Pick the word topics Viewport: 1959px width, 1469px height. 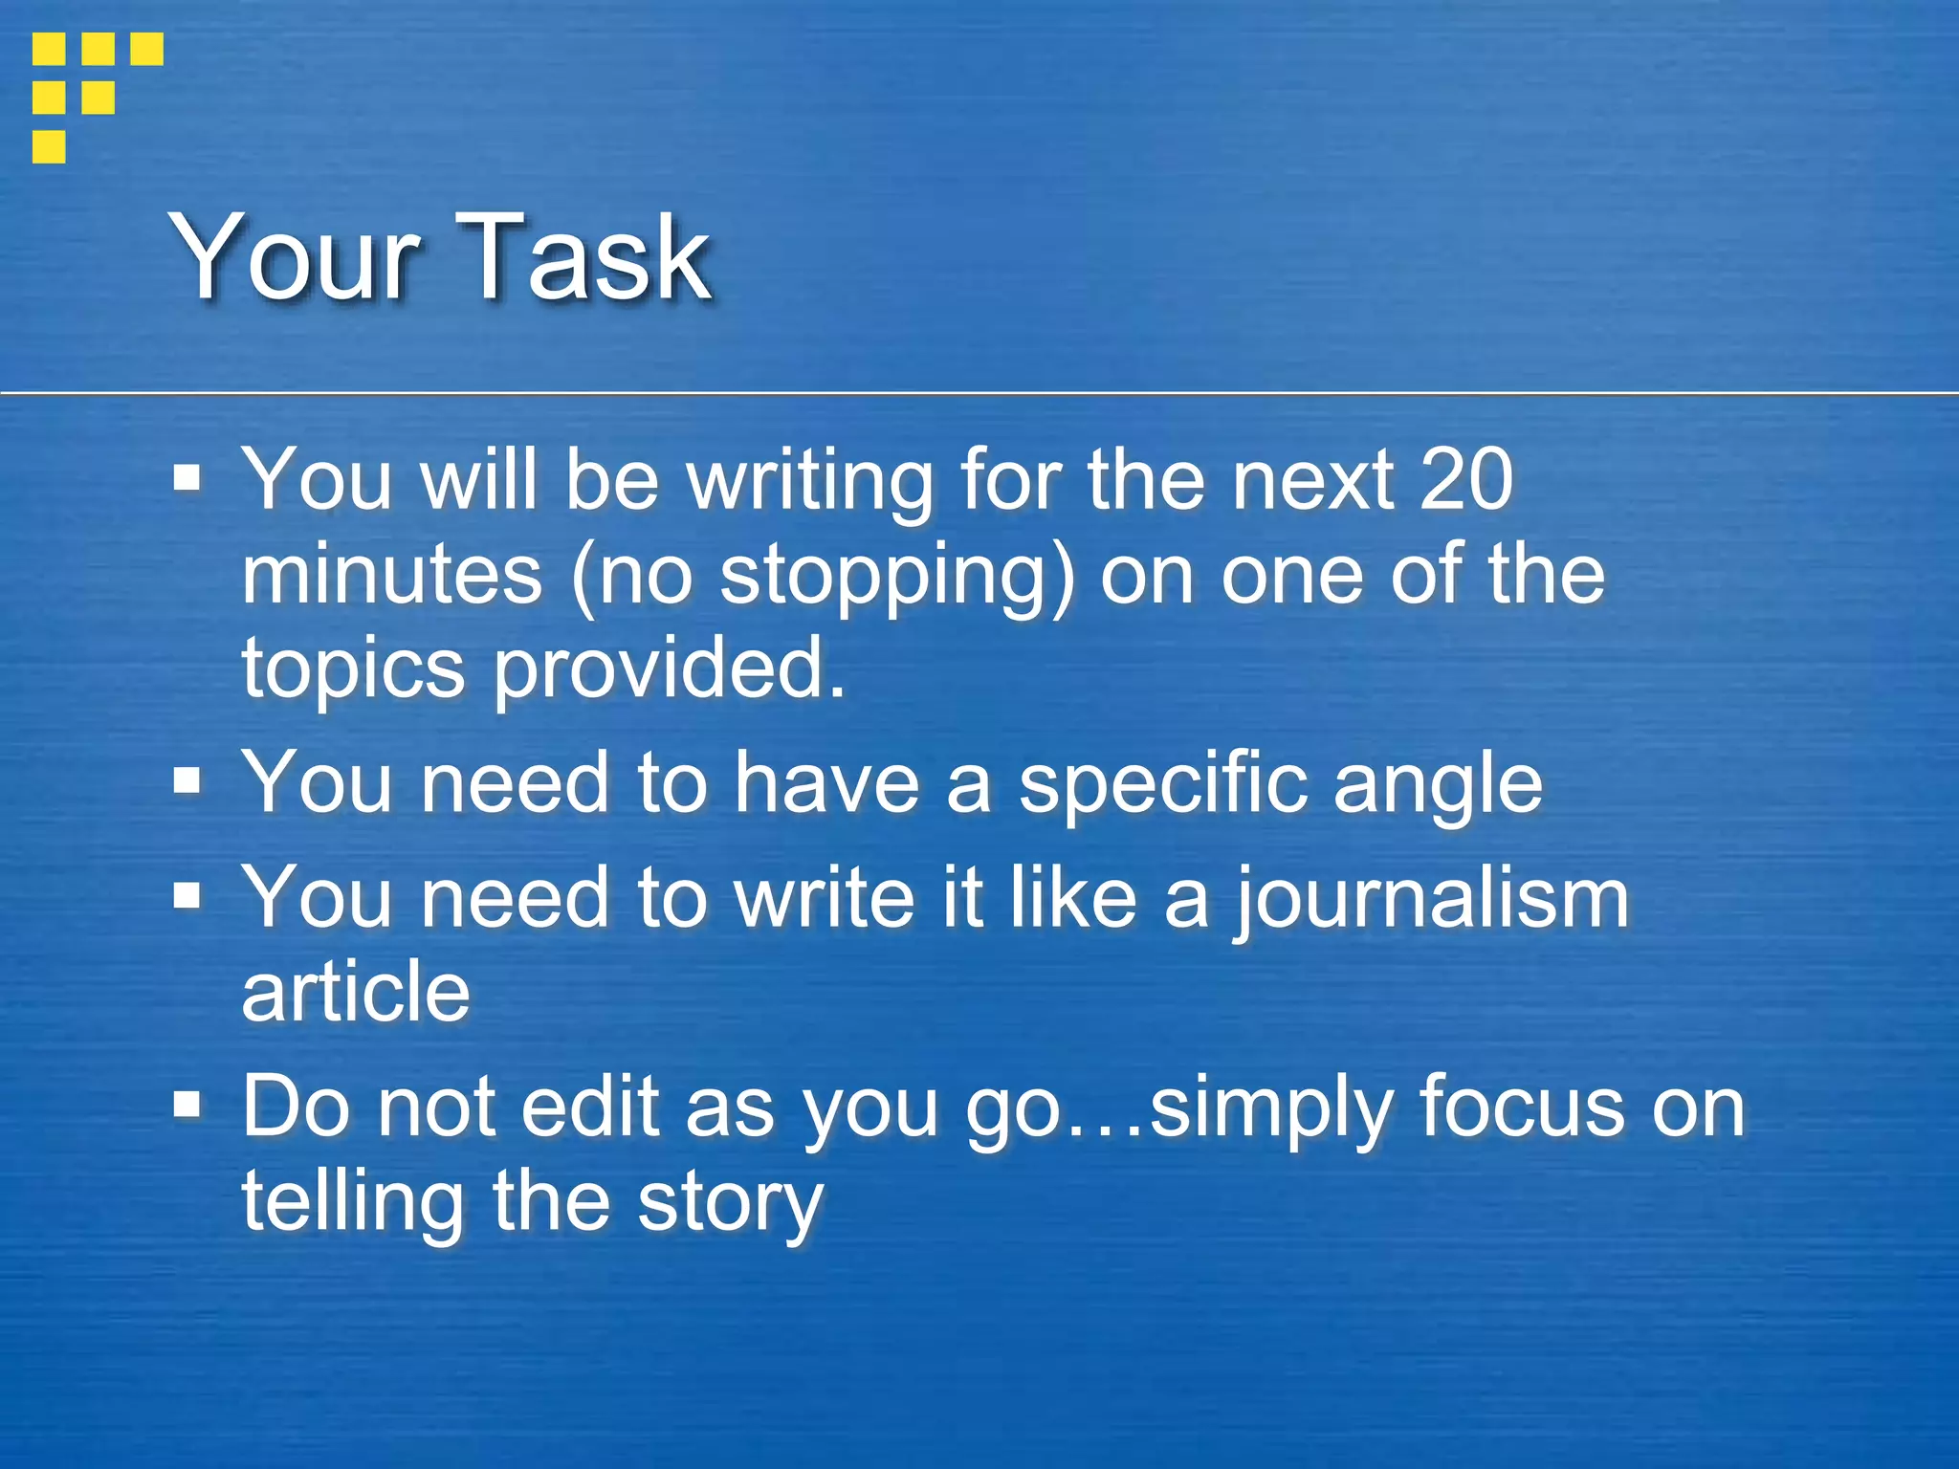[x=353, y=669]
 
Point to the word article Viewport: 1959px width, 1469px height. [x=356, y=992]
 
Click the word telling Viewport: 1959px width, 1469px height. [x=352, y=1203]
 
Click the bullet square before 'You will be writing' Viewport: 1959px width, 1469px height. [x=187, y=477]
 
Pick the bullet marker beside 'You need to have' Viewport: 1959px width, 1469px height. [x=187, y=783]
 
